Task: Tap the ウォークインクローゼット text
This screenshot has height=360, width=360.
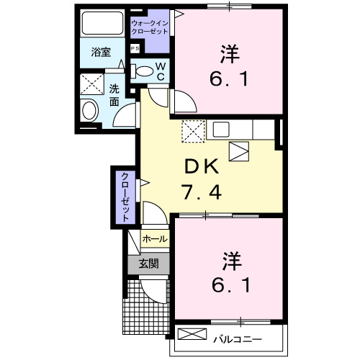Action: tap(149, 28)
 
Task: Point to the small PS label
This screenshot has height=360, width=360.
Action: tap(135, 48)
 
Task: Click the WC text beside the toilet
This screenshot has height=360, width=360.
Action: tap(161, 72)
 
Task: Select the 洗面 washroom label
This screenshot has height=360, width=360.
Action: tap(114, 95)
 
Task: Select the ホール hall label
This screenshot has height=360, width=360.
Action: tap(154, 239)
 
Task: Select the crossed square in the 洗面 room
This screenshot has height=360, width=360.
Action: tap(90, 84)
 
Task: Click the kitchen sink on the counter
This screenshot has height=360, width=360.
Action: tap(220, 130)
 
